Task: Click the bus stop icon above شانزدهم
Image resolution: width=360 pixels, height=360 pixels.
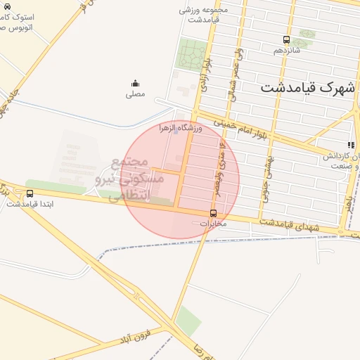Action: (x=285, y=40)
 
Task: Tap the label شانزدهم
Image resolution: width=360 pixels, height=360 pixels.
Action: (x=286, y=51)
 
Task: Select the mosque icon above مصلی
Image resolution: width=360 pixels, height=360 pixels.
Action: (x=135, y=84)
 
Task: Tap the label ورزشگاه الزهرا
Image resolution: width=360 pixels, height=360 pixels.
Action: (x=181, y=128)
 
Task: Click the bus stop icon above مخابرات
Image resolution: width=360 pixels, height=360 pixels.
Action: (x=213, y=213)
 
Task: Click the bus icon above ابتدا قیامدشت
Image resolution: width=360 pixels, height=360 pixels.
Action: (x=30, y=193)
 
